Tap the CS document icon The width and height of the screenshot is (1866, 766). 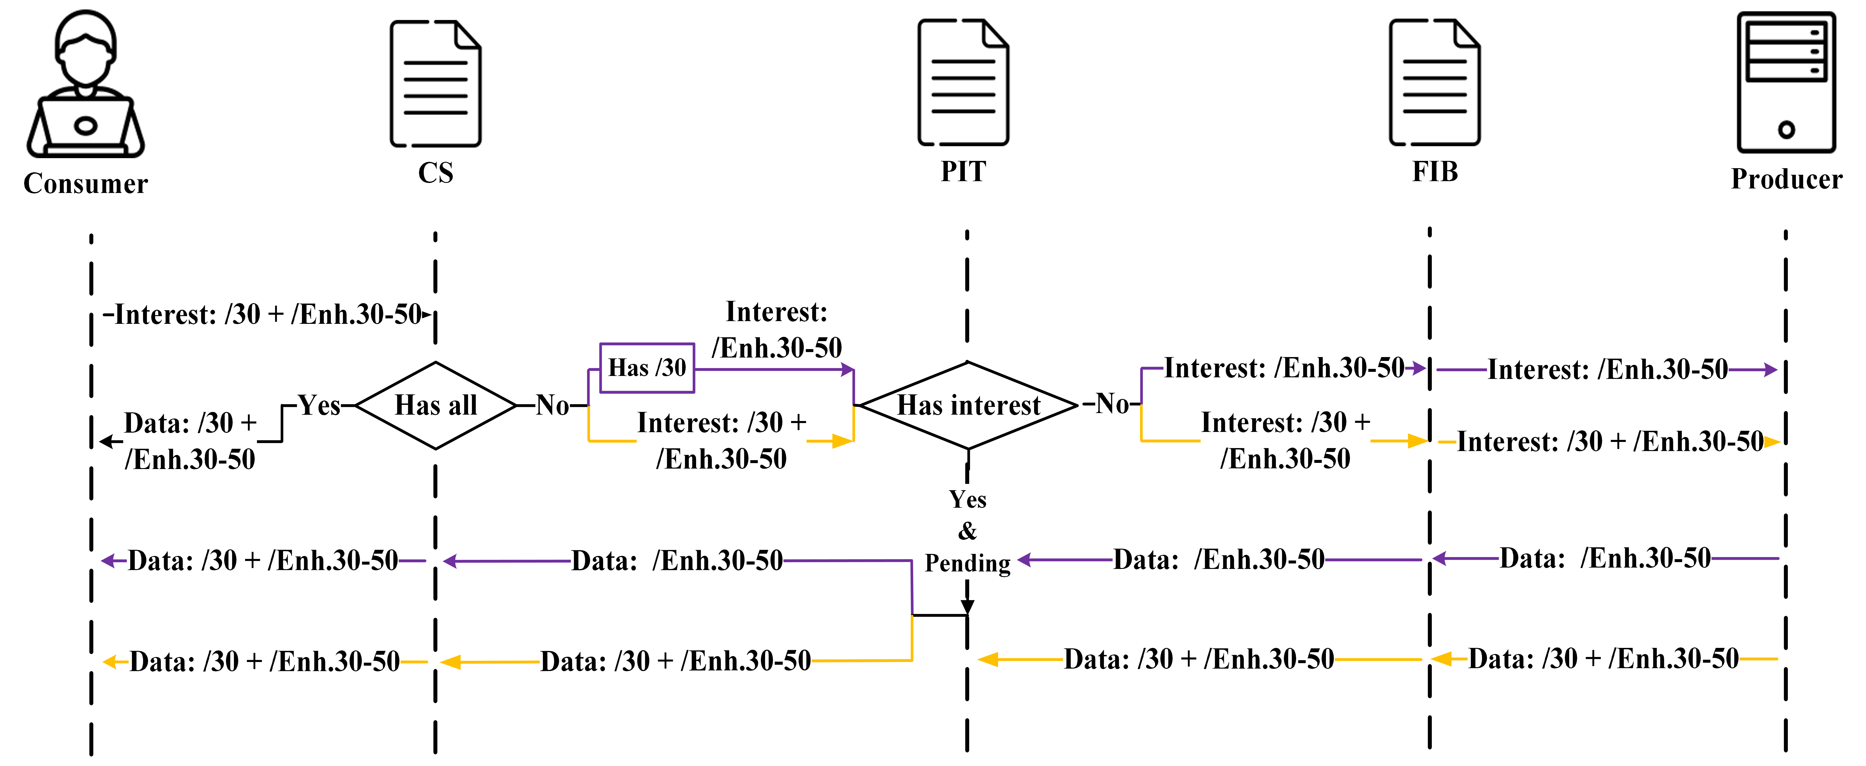point(435,83)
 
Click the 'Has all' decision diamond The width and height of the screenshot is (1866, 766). point(435,406)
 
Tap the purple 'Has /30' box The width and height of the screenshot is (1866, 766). point(647,368)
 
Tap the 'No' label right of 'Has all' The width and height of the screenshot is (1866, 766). point(552,406)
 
